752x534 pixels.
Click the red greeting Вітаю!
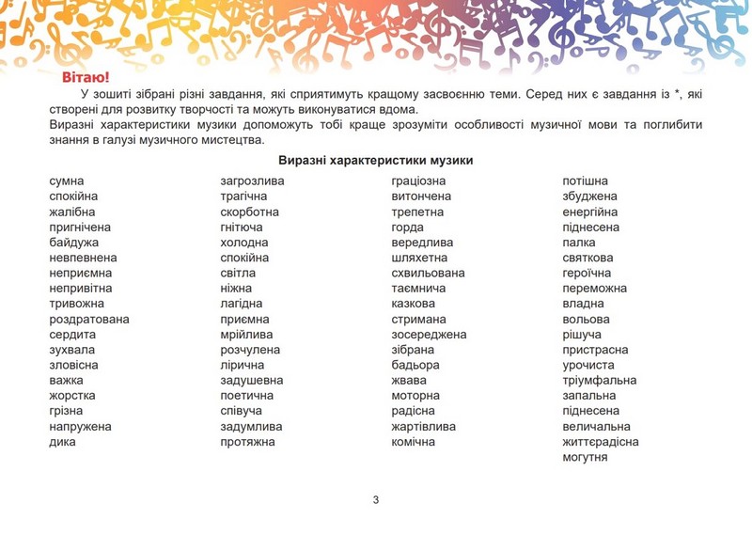(86, 76)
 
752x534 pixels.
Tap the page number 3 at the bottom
(376, 499)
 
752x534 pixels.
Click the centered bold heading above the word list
(375, 161)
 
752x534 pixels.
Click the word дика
(63, 442)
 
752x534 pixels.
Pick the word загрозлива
(252, 181)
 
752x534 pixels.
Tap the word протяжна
(247, 442)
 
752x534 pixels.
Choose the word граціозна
(418, 181)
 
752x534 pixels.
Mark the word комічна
(414, 442)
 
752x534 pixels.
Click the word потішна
(585, 181)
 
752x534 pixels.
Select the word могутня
(585, 457)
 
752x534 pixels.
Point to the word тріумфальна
(599, 381)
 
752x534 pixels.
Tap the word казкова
(414, 304)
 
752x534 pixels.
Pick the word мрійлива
(246, 335)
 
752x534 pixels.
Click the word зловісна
(73, 365)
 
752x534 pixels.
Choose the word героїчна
(588, 273)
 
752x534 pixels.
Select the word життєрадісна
(601, 442)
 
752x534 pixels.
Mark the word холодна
(244, 243)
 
